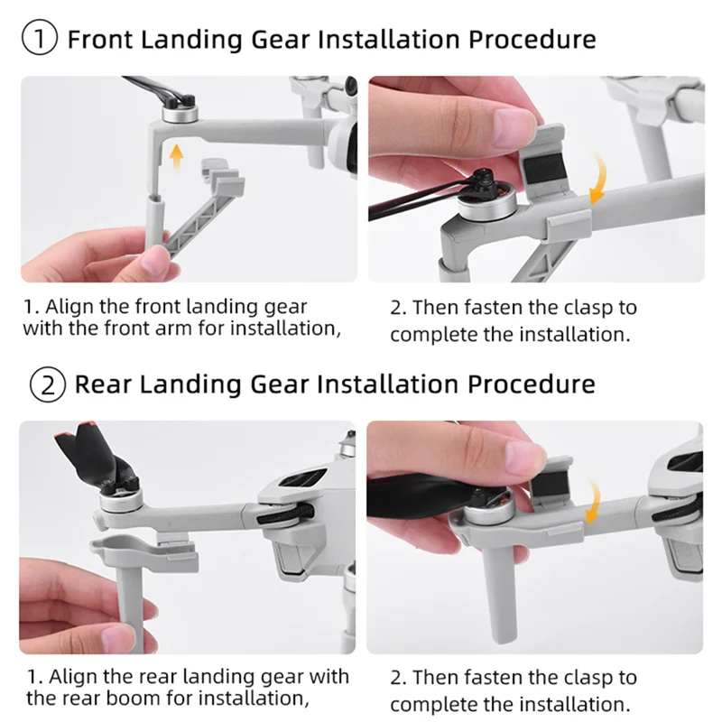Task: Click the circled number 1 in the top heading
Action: [x=43, y=40]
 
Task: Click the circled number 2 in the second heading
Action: [x=49, y=384]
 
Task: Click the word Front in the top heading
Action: [x=100, y=40]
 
